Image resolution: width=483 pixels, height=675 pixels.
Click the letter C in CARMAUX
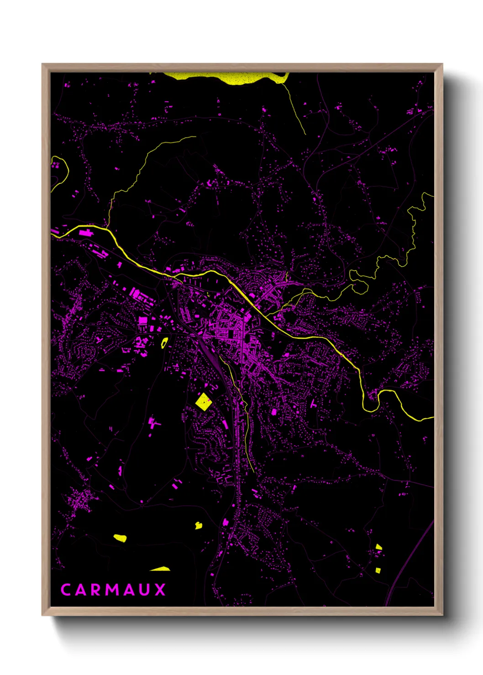(x=66, y=590)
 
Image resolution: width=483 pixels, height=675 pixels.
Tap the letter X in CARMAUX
(x=160, y=590)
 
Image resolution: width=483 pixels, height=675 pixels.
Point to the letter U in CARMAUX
(x=145, y=590)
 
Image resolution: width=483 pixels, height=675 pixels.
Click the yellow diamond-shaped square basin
(x=203, y=402)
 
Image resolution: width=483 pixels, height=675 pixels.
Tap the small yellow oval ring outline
(x=164, y=343)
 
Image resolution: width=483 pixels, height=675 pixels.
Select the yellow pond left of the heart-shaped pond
(x=120, y=538)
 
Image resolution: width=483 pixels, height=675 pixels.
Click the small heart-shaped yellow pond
(x=199, y=525)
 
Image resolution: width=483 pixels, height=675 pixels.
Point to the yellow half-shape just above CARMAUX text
(x=161, y=569)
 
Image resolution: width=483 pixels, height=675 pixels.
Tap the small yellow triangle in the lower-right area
(x=378, y=546)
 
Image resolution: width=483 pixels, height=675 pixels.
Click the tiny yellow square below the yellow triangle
(x=378, y=570)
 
